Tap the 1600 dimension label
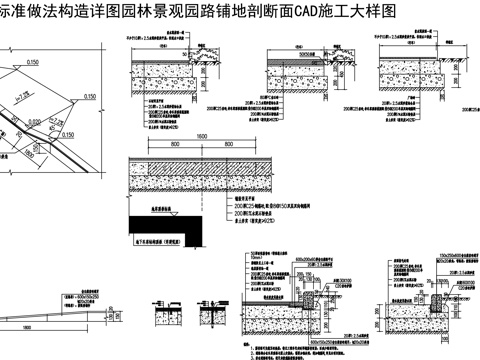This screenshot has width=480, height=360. click(x=202, y=134)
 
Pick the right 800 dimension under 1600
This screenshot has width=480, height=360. click(x=240, y=144)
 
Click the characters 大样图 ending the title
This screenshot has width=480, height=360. click(x=370, y=11)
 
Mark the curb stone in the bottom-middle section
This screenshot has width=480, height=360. click(x=306, y=298)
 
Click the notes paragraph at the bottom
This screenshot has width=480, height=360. click(x=300, y=340)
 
